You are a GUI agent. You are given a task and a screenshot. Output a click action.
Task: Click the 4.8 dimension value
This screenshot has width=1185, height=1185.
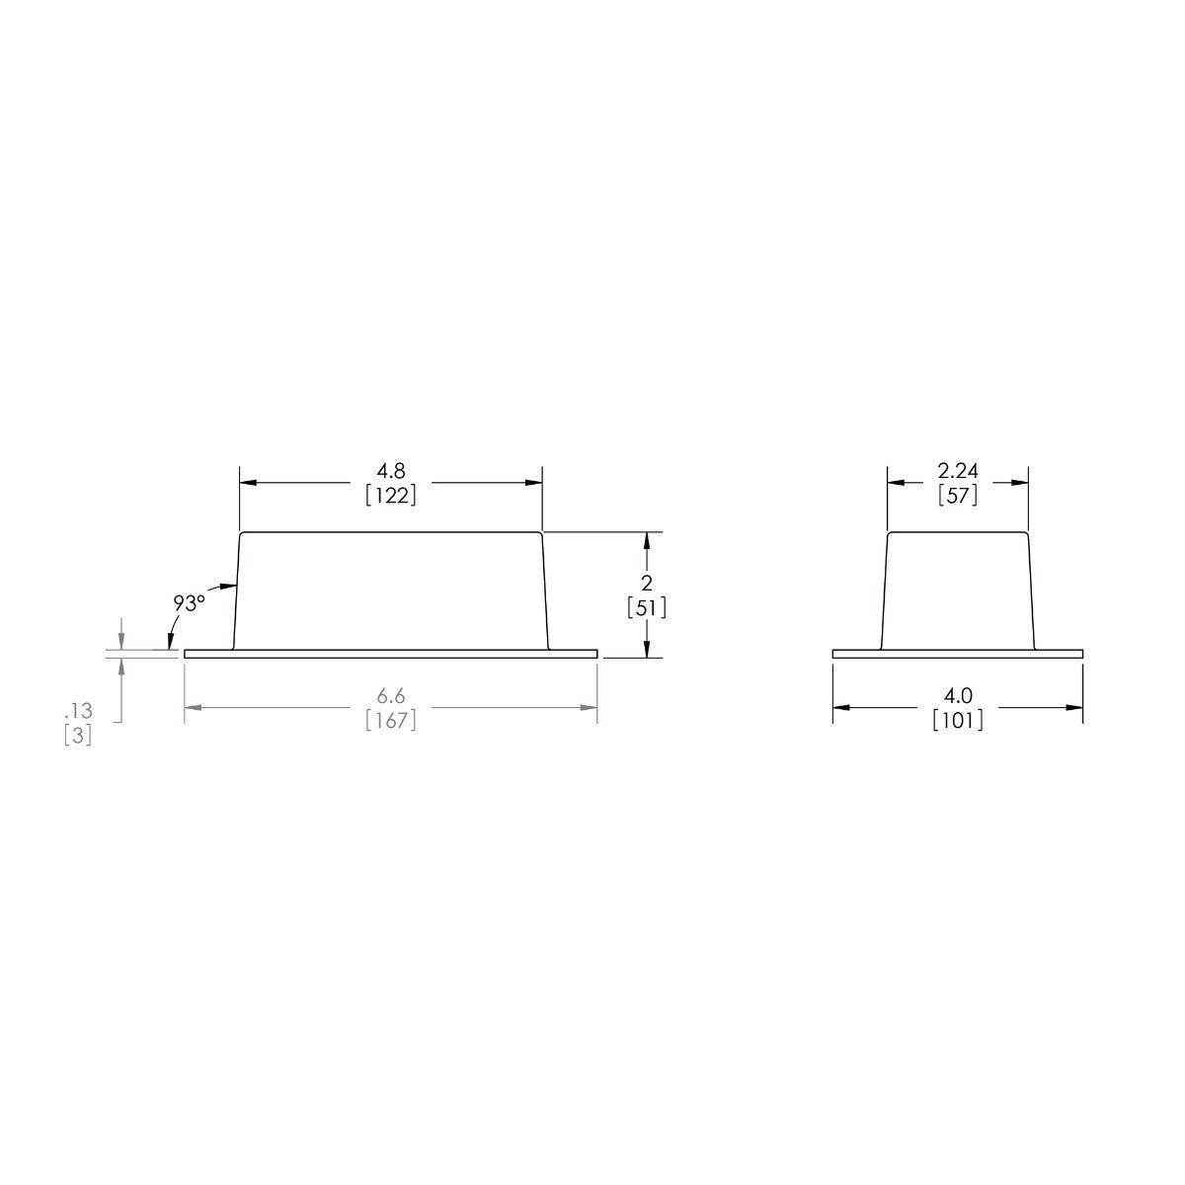pos(391,471)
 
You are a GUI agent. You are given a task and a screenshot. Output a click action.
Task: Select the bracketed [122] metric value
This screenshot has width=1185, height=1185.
pos(391,495)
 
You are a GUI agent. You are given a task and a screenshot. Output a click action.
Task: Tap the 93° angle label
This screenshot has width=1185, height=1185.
pos(189,602)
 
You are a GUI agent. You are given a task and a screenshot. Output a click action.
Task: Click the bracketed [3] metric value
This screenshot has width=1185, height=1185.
pos(78,736)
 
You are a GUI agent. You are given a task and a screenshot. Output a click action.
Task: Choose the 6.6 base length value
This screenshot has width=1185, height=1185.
pos(391,697)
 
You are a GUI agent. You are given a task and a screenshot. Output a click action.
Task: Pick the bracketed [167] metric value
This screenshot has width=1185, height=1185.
pos(391,721)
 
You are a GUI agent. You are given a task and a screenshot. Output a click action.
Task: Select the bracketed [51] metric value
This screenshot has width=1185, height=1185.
pos(647,608)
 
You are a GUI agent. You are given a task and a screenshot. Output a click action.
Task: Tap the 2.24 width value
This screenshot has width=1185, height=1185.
pos(958,471)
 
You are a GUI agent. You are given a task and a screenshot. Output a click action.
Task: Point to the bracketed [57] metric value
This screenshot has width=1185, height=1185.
pos(958,495)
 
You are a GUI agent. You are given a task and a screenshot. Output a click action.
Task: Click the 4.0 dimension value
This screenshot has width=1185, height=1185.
pos(958,697)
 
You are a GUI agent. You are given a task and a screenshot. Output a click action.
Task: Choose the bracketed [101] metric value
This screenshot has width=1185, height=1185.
pos(958,721)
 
